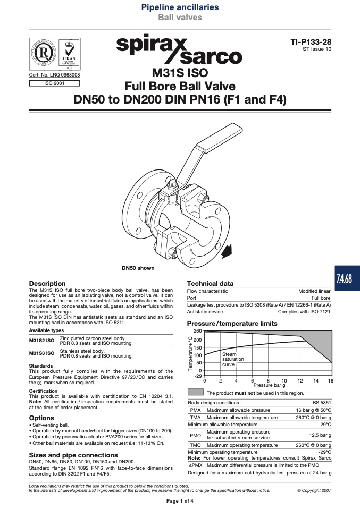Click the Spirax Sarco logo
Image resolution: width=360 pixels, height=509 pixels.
pyautogui.click(x=179, y=49)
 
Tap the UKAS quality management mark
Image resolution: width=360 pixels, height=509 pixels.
pyautogui.click(x=69, y=54)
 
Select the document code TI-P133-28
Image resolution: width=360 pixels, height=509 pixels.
pyautogui.click(x=311, y=41)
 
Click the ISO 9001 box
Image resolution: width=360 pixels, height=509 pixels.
pyautogui.click(x=54, y=83)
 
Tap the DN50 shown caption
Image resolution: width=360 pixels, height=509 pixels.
pyautogui.click(x=138, y=268)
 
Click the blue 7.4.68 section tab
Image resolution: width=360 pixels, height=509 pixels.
pyautogui.click(x=347, y=278)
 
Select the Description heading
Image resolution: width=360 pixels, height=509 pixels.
pyautogui.click(x=47, y=283)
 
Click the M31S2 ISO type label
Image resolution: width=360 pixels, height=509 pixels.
pyautogui.click(x=41, y=341)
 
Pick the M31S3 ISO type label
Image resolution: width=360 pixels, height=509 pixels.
pyautogui.click(x=41, y=353)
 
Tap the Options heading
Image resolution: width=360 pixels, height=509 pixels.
pyautogui.click(x=41, y=418)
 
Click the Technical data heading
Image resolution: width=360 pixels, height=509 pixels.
pyautogui.click(x=210, y=283)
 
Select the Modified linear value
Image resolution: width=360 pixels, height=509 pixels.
pyautogui.click(x=314, y=291)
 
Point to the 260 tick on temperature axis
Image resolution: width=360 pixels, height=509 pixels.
pyautogui.click(x=198, y=331)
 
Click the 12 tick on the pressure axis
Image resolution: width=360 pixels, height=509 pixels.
pyautogui.click(x=300, y=381)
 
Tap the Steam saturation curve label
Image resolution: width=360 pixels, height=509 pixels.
pyautogui.click(x=233, y=359)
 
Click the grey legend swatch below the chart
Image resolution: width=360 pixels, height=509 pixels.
pyautogui.click(x=196, y=393)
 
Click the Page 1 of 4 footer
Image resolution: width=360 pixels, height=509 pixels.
pyautogui.click(x=180, y=501)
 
